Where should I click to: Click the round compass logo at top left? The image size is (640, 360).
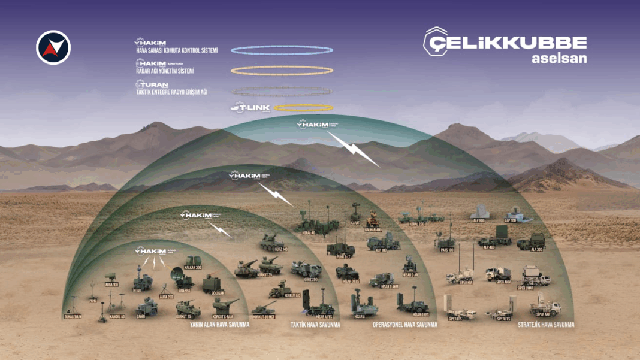pyautogui.click(x=53, y=47)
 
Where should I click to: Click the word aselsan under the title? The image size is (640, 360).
pyautogui.click(x=559, y=59)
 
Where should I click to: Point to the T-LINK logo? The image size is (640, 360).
pyautogui.click(x=250, y=108)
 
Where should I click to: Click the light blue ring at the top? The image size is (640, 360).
pyautogui.click(x=282, y=50)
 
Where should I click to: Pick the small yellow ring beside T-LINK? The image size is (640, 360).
pyautogui.click(x=303, y=108)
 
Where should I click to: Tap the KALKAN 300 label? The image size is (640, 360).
pyautogui.click(x=193, y=267)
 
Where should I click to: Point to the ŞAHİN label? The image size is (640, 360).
pyautogui.click(x=141, y=316)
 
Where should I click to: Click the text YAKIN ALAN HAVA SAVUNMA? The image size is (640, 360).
pyautogui.click(x=219, y=325)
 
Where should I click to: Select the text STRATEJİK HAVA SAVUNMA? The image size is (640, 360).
pyautogui.click(x=546, y=325)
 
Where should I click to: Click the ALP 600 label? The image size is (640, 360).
pyautogui.click(x=478, y=220)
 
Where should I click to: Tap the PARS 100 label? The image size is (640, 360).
pyautogui.click(x=447, y=249)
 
